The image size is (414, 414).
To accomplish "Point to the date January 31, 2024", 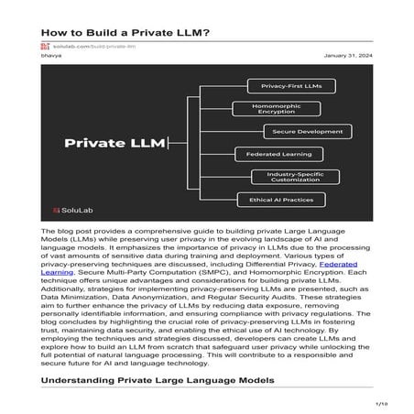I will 349,56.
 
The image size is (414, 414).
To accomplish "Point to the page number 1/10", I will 382,403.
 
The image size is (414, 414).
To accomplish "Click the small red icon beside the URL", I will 44,45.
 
